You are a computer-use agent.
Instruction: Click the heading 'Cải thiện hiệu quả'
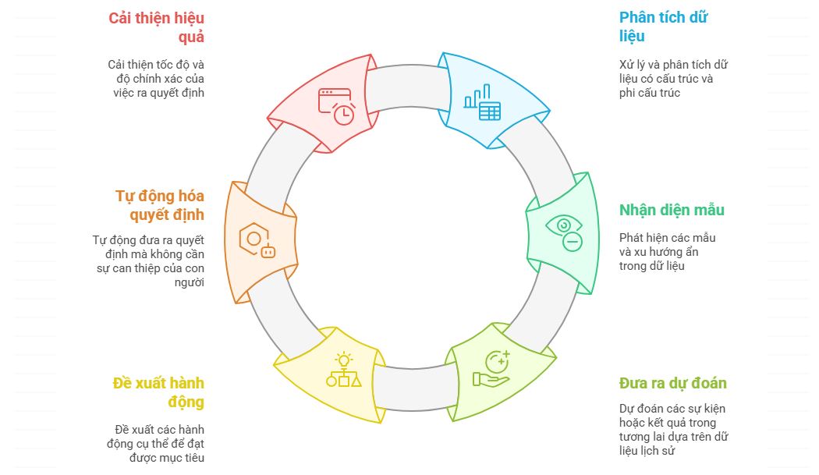coord(156,27)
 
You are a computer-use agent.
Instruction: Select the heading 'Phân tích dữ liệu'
coord(663,27)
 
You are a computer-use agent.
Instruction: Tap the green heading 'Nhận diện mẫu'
coord(672,210)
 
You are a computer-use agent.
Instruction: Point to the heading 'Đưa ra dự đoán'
coord(672,383)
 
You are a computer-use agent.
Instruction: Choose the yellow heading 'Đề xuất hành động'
coord(158,392)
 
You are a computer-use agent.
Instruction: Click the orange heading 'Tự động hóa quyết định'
coord(160,205)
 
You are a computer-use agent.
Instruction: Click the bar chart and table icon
coord(482,102)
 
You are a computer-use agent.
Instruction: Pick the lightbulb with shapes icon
coord(343,370)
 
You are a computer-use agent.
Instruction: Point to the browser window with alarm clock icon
coord(336,106)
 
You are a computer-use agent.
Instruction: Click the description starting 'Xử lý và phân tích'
coord(673,79)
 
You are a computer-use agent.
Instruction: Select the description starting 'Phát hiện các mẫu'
coord(667,252)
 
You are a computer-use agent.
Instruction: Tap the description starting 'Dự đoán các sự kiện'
coord(673,430)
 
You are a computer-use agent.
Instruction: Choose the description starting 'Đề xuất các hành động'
coord(159,444)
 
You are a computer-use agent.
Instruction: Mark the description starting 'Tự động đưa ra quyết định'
coord(148,261)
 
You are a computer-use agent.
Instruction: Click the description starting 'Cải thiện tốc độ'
coord(156,79)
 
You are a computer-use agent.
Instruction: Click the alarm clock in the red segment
coord(344,113)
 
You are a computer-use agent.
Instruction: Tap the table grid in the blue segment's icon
coord(490,111)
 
